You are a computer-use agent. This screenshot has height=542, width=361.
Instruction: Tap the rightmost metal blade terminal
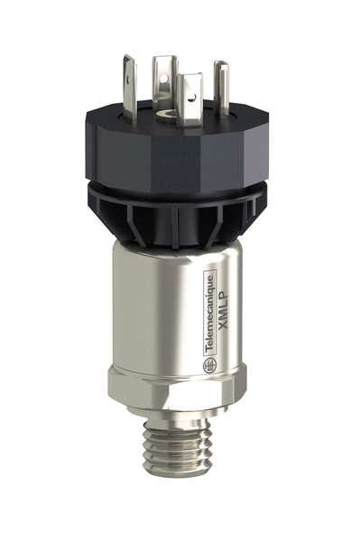[220, 87]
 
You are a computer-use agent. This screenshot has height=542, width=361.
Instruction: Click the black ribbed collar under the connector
[177, 212]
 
